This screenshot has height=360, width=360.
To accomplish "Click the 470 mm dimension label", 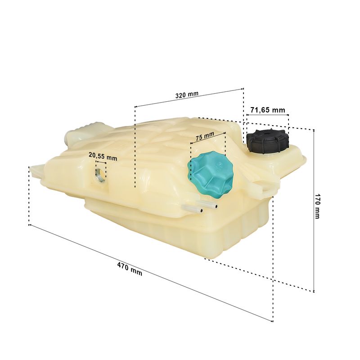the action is (x=130, y=269).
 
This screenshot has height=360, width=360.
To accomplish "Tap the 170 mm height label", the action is (x=317, y=207).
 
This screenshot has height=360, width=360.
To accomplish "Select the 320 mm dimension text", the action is (x=187, y=94).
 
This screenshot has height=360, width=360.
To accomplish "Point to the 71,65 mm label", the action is (x=268, y=110).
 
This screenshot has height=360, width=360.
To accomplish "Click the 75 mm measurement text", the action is (x=205, y=136).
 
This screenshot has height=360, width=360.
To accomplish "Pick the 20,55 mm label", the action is (x=103, y=156).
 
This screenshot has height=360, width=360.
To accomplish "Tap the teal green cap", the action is (x=210, y=175).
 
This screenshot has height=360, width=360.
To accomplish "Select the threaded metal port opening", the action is (x=100, y=175).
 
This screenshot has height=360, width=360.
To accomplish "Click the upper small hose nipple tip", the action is (x=216, y=207).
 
